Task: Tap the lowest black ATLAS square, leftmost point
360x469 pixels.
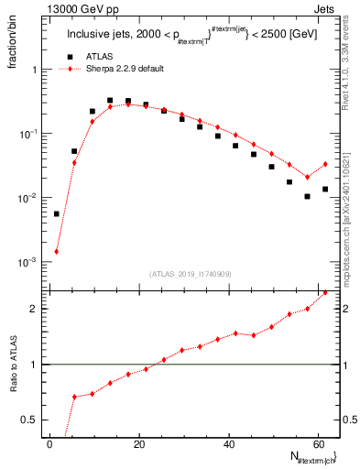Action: pyautogui.click(x=57, y=213)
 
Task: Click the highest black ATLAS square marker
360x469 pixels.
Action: pyautogui.click(x=110, y=101)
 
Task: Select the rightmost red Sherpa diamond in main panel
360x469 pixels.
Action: pyautogui.click(x=325, y=164)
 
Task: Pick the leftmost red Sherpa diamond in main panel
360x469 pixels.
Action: pyautogui.click(x=57, y=251)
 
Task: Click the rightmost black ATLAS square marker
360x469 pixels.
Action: pyautogui.click(x=325, y=189)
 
